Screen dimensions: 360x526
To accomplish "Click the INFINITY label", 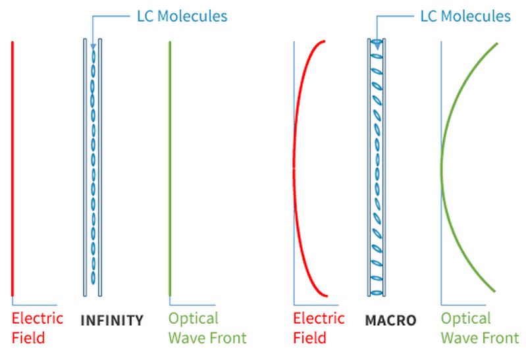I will [x=111, y=321].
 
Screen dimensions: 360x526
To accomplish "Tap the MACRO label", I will [x=390, y=321].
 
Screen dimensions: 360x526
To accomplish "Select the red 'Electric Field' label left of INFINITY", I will [x=38, y=328].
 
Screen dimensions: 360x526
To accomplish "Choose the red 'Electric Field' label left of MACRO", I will [x=318, y=328].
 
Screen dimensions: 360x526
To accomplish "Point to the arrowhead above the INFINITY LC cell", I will [x=93, y=47].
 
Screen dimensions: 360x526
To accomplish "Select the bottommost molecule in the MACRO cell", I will [x=377, y=290].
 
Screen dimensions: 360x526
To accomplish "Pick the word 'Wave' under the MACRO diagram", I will [x=460, y=338].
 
